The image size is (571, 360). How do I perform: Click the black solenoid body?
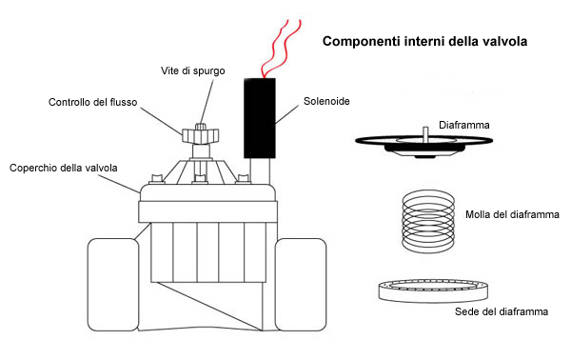coord(259,118)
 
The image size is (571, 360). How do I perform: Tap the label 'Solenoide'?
coord(326,101)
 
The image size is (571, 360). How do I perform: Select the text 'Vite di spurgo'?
coord(192,70)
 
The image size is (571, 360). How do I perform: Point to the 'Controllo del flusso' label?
coord(93,102)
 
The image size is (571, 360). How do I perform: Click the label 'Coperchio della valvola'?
coord(64,168)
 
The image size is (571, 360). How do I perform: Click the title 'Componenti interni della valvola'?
coord(424,41)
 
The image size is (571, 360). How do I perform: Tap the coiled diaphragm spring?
coord(428,221)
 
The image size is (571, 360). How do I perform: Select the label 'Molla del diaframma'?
coord(512,214)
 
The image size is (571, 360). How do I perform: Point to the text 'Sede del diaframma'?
coord(502,311)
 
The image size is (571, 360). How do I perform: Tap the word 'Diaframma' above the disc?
coord(464,125)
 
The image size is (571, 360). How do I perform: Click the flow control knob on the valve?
coord(200,135)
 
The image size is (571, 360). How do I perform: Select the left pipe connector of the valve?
coord(113,285)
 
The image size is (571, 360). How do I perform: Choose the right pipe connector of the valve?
coord(301,285)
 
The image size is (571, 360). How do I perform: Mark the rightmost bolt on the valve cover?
coord(243,179)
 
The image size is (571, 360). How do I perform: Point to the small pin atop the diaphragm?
coord(425,131)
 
